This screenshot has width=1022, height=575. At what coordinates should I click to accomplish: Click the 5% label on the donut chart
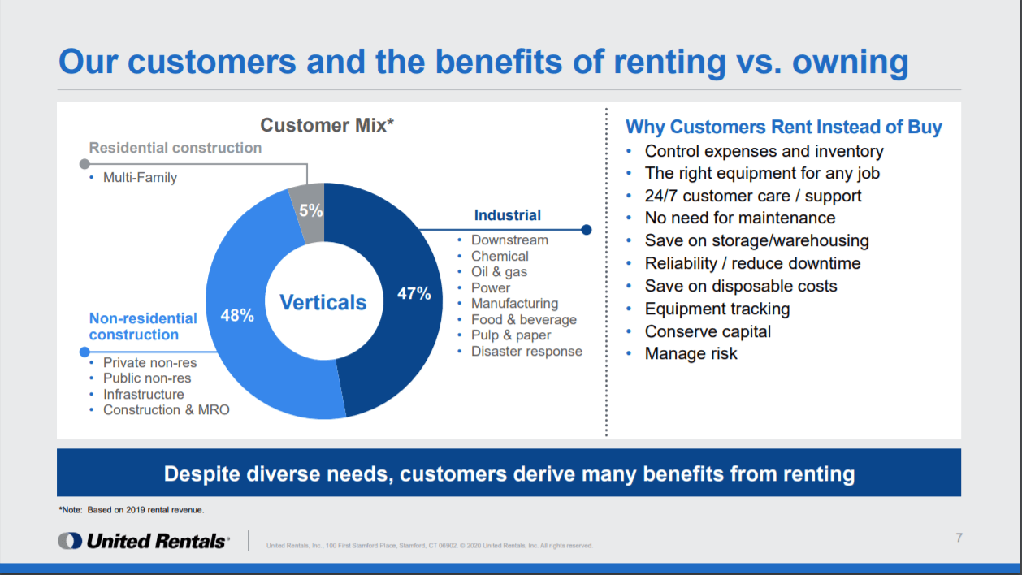[x=310, y=210]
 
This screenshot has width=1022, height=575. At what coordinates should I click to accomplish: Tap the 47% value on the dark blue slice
[x=414, y=293]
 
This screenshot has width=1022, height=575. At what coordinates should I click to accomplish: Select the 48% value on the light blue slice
[x=237, y=315]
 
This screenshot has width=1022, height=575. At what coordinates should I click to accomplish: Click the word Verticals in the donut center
[x=323, y=302]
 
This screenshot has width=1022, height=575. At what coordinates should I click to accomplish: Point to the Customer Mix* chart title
[x=327, y=125]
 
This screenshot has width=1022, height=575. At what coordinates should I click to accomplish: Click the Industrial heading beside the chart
[x=508, y=214]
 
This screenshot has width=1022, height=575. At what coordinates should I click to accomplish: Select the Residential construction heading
[x=175, y=148]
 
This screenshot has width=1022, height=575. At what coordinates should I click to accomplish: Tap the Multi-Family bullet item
[x=140, y=177]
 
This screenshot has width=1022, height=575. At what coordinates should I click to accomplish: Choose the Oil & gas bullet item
[x=499, y=272]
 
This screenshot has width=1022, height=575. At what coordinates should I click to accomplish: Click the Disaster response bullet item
[x=526, y=351]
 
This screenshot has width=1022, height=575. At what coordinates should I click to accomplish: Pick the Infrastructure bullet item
[x=143, y=394]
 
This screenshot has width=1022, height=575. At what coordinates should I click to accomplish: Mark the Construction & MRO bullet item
[x=166, y=409]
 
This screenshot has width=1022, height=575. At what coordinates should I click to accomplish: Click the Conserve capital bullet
[x=708, y=331]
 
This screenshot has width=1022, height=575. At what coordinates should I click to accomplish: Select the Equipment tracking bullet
[x=717, y=309]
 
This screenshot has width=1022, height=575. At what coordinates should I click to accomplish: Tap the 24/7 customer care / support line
[x=753, y=196]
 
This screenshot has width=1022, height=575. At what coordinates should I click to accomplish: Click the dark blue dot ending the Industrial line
[x=587, y=230]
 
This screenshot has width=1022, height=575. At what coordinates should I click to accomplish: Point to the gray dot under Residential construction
[x=84, y=164]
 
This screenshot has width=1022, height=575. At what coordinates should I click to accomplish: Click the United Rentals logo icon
[x=70, y=541]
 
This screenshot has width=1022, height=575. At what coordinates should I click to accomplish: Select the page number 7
[x=959, y=538]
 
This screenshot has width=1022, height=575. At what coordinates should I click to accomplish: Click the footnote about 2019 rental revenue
[x=132, y=510]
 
